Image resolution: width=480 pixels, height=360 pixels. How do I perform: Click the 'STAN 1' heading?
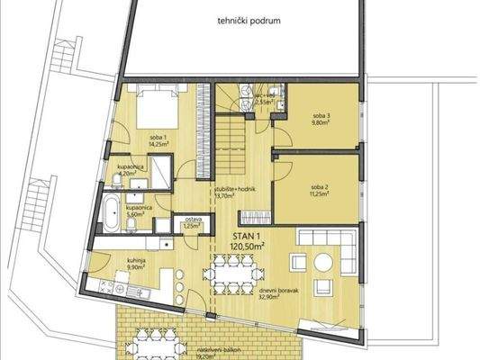252,233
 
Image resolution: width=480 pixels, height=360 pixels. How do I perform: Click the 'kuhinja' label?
123,259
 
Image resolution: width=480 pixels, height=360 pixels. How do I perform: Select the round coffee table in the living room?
297,262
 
